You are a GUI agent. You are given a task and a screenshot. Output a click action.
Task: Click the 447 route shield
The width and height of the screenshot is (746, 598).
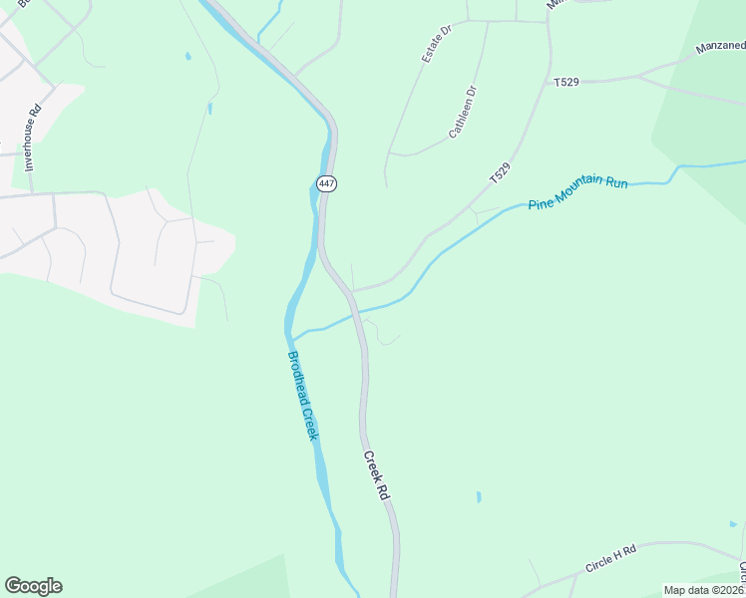pyautogui.click(x=326, y=183)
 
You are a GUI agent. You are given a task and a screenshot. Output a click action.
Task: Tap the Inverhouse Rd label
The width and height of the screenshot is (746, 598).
pyautogui.click(x=30, y=135)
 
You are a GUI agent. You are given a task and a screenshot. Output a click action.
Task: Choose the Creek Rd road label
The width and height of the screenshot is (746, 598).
pyautogui.click(x=374, y=475)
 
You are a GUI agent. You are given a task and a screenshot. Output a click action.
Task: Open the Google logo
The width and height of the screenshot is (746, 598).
pyautogui.click(x=33, y=586)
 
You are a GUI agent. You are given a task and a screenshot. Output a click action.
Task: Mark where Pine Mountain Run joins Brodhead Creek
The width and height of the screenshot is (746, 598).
pyautogui.click(x=293, y=335)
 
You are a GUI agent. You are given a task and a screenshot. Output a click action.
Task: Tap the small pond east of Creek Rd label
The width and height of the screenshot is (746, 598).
pyautogui.click(x=479, y=496)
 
